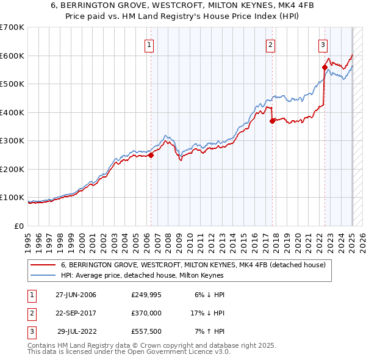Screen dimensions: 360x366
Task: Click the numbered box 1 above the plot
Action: coord(149,44)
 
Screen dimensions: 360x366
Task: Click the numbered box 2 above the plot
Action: coord(270,44)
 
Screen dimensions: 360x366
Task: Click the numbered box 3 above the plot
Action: coord(323,44)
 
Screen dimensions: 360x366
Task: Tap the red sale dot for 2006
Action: coord(151,155)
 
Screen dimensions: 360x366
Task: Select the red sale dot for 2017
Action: coord(272,121)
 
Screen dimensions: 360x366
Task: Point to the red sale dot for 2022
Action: coord(325,68)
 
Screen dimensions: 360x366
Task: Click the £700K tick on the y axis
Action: coord(12,27)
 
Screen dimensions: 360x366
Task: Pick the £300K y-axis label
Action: coord(12,141)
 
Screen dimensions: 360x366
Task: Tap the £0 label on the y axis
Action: coord(19,226)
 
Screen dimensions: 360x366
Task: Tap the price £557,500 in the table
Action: coord(146,333)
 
